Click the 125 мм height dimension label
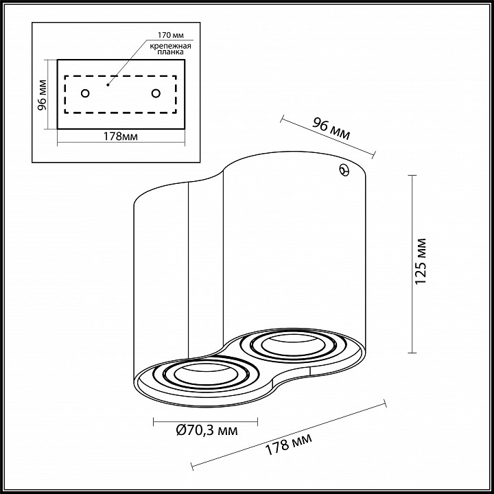[421, 261]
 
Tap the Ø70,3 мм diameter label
[207, 432]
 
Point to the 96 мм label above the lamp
[331, 128]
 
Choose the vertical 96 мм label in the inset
[42, 94]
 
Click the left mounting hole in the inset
[85, 93]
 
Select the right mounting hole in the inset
[156, 93]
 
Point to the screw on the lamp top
[344, 170]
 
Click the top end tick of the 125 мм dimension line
[412, 176]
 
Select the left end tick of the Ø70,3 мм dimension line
[153, 420]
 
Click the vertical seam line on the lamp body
[188, 274]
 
